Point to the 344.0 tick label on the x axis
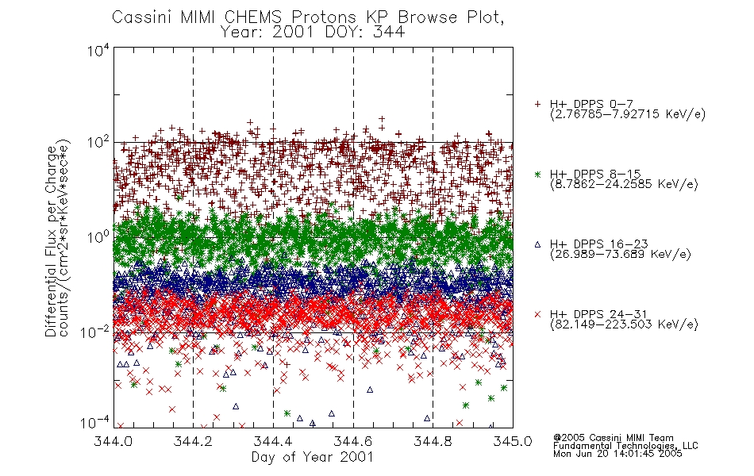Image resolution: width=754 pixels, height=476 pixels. pos(113,441)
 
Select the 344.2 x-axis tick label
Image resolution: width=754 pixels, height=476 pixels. pos(193,441)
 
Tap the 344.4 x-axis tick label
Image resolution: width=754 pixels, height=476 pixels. pos(273,441)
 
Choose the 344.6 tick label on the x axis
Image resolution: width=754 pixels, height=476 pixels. pos(353,441)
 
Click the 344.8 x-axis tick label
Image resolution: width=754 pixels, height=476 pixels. pos(433,441)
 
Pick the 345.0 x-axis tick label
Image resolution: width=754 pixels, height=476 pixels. pos(513,441)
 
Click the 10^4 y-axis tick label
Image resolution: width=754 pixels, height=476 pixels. pos(98,50)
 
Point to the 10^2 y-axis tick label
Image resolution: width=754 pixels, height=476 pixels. pos(98,143)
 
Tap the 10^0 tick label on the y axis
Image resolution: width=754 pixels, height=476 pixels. pos(98,237)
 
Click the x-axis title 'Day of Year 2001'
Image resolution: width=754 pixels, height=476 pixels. pos(313,457)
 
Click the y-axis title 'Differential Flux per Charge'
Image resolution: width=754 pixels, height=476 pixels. pos(51,241)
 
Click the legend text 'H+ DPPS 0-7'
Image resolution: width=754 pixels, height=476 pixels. pos(591,104)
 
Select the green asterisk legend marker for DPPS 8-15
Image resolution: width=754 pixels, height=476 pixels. pos(537,175)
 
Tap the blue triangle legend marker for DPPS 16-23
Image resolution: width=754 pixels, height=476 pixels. pos(537,244)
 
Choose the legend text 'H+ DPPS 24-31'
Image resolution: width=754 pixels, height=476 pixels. pos(598,314)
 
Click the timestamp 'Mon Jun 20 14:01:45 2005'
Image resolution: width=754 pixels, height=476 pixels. pos(617,454)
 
